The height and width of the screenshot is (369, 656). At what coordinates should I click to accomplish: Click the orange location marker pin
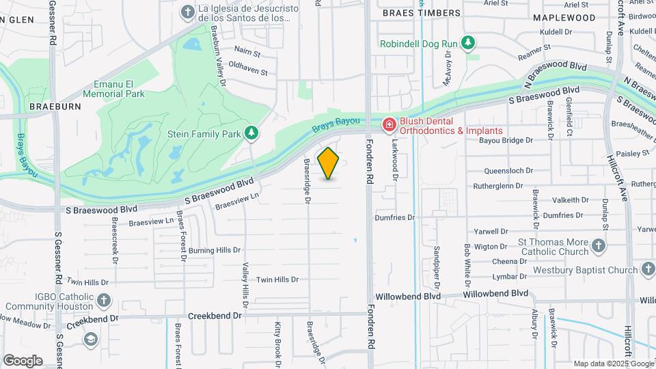[329, 163]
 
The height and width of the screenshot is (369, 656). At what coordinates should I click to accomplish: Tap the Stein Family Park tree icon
[252, 132]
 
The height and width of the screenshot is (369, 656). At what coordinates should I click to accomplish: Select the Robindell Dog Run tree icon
[468, 44]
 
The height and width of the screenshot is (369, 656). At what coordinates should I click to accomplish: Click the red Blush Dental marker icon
[389, 124]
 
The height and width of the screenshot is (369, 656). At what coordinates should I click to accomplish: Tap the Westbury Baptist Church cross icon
[647, 270]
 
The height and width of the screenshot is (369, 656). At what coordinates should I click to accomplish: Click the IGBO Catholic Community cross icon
[103, 300]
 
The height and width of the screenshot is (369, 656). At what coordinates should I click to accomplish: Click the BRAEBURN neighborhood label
[55, 107]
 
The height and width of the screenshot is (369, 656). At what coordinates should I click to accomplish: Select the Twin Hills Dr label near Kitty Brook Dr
[277, 279]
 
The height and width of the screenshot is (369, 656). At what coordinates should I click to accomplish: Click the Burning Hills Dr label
[215, 251]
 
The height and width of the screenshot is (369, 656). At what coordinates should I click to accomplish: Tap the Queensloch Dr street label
[507, 171]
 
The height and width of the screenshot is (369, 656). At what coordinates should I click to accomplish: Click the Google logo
[23, 361]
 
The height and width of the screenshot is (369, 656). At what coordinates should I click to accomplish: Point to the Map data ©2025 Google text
[613, 364]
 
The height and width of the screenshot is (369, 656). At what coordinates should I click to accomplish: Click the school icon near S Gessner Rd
[90, 340]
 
